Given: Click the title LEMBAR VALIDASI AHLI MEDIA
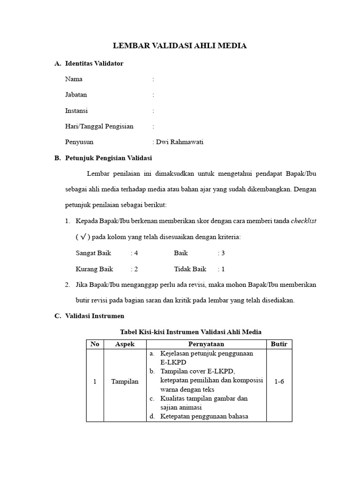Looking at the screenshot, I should pos(180,45).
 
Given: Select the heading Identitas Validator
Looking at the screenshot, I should pos(94,63).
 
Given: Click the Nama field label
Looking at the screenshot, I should pos(74,79).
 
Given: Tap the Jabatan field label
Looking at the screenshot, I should pos(76,95).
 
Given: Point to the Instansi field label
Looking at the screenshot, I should pos(76,111).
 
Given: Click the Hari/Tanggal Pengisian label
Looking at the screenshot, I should pos(99,126).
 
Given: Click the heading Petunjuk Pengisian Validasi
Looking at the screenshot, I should pos(108,158).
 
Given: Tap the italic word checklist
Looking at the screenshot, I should pos(303,221).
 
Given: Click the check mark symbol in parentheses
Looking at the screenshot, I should pos(83,237).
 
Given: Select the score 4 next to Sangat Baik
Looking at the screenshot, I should pos(136,253).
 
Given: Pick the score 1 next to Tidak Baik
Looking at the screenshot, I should pos(223,269).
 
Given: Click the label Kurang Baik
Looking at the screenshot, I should pos(94,269).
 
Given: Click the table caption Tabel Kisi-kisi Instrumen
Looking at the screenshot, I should pos(191,332).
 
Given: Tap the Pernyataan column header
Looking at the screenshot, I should pos(206,344).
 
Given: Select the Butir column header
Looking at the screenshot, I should pos(279,344).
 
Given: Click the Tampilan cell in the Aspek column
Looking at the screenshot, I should pos(125,382).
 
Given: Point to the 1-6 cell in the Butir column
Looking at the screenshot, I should pos(279,382).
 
